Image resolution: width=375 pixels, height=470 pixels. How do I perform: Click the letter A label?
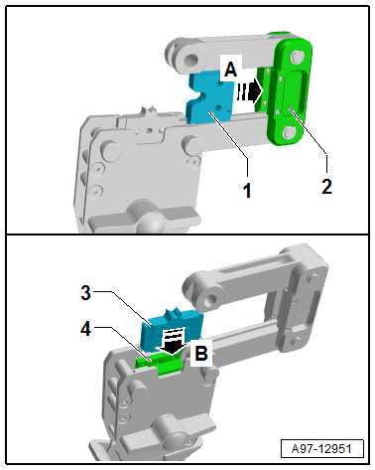[231, 70]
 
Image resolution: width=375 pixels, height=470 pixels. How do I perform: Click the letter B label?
[201, 353]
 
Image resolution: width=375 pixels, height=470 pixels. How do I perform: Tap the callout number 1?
[247, 191]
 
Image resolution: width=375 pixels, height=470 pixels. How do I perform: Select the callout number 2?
[326, 187]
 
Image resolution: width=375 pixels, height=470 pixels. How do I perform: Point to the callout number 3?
[86, 293]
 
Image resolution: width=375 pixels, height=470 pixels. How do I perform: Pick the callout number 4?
[86, 330]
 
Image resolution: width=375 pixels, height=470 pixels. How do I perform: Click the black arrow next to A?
[250, 90]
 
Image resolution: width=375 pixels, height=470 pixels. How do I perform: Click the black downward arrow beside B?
[173, 342]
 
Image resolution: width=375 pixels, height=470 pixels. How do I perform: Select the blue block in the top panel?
[207, 97]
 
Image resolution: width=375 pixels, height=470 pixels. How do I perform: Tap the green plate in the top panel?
[289, 90]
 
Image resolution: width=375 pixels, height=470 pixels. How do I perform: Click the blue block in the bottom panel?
[173, 329]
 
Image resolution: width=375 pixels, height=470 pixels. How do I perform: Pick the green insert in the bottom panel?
[159, 364]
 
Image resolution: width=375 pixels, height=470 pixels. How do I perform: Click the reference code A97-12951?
[321, 448]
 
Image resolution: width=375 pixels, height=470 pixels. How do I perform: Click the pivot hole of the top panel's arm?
[191, 60]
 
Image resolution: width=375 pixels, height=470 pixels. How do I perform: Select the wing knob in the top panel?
[145, 217]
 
